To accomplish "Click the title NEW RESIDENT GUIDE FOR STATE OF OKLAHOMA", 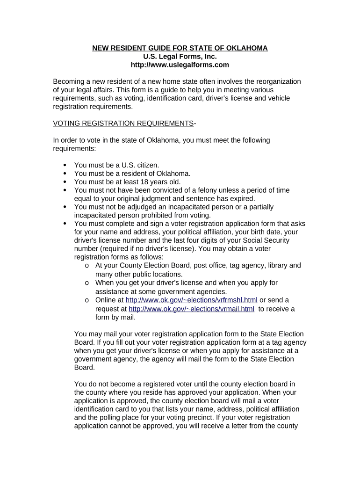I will (x=180, y=48).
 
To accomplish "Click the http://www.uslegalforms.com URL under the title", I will (x=180, y=65).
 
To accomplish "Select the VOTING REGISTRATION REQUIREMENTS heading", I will (x=123, y=123).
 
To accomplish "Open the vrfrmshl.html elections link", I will (x=192, y=300).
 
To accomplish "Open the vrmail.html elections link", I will (x=192, y=309).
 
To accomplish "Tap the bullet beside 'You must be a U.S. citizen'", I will (x=65, y=165).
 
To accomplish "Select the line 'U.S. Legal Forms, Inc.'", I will (x=180, y=57).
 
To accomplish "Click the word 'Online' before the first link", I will (x=106, y=300).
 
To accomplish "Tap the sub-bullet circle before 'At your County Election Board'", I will (x=87, y=266).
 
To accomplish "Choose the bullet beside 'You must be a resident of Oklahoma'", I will (x=65, y=174).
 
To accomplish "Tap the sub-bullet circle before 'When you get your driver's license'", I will (x=87, y=283).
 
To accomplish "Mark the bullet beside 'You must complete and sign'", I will (x=65, y=224).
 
